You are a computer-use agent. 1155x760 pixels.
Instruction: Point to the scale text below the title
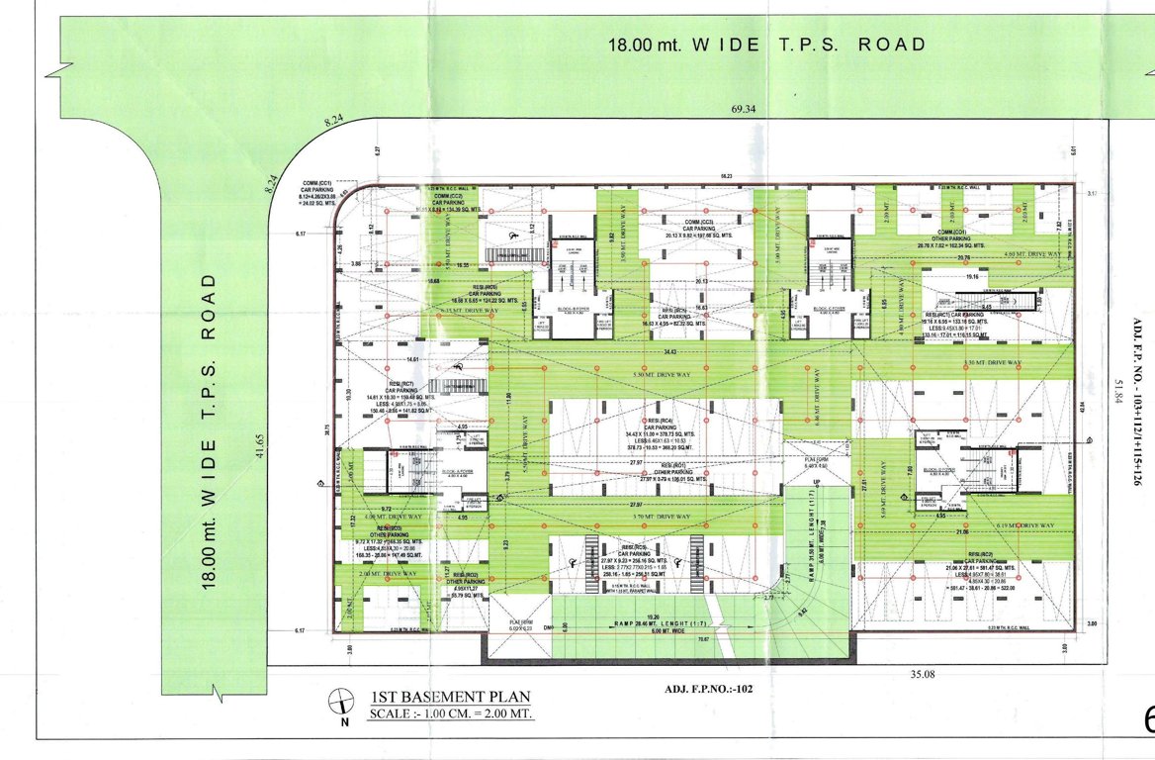pos(451,713)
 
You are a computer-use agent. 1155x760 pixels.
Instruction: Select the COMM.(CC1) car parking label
pos(318,190)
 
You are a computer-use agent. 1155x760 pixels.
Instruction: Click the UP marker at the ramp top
pos(816,482)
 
